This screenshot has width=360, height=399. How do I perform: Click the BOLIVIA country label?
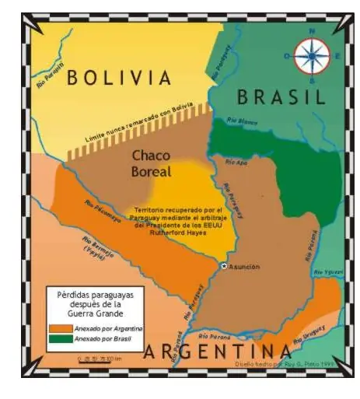(117, 79)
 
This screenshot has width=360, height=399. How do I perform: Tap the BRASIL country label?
(280, 97)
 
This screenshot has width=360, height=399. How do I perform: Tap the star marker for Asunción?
(224, 266)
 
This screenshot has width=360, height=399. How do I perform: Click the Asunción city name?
(244, 266)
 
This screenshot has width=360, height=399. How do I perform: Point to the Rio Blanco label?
(242, 121)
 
